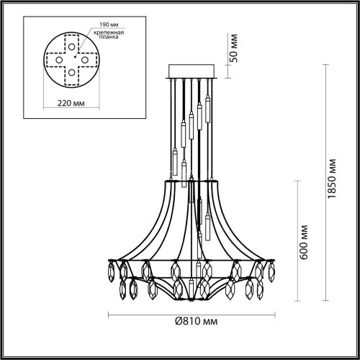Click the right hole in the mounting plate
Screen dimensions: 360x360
tap(84, 58)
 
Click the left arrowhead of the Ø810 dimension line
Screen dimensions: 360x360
tap(109, 315)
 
